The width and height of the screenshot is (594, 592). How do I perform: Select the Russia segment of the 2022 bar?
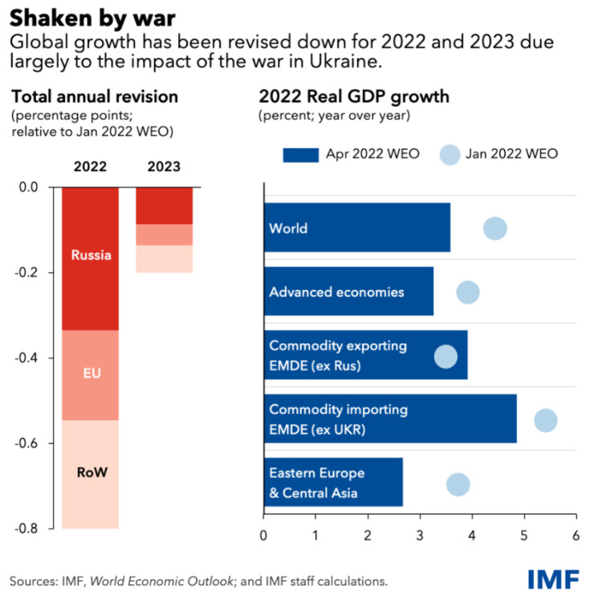(90, 257)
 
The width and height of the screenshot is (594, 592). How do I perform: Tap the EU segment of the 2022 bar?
(90, 374)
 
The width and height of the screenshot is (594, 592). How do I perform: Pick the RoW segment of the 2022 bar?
(90, 474)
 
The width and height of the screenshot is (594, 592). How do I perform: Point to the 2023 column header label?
(163, 167)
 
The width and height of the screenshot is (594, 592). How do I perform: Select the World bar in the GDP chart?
(356, 228)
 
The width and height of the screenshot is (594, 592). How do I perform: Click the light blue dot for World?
(495, 228)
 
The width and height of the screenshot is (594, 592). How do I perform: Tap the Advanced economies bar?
(348, 292)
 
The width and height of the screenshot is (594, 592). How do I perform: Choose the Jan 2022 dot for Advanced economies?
(468, 292)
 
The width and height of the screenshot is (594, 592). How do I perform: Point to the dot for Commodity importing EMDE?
(546, 420)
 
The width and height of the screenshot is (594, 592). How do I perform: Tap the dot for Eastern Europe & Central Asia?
(458, 484)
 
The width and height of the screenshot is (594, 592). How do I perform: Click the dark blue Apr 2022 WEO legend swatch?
(301, 153)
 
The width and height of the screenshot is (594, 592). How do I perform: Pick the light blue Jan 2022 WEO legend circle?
(451, 153)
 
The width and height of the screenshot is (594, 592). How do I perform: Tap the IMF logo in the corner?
(555, 578)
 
